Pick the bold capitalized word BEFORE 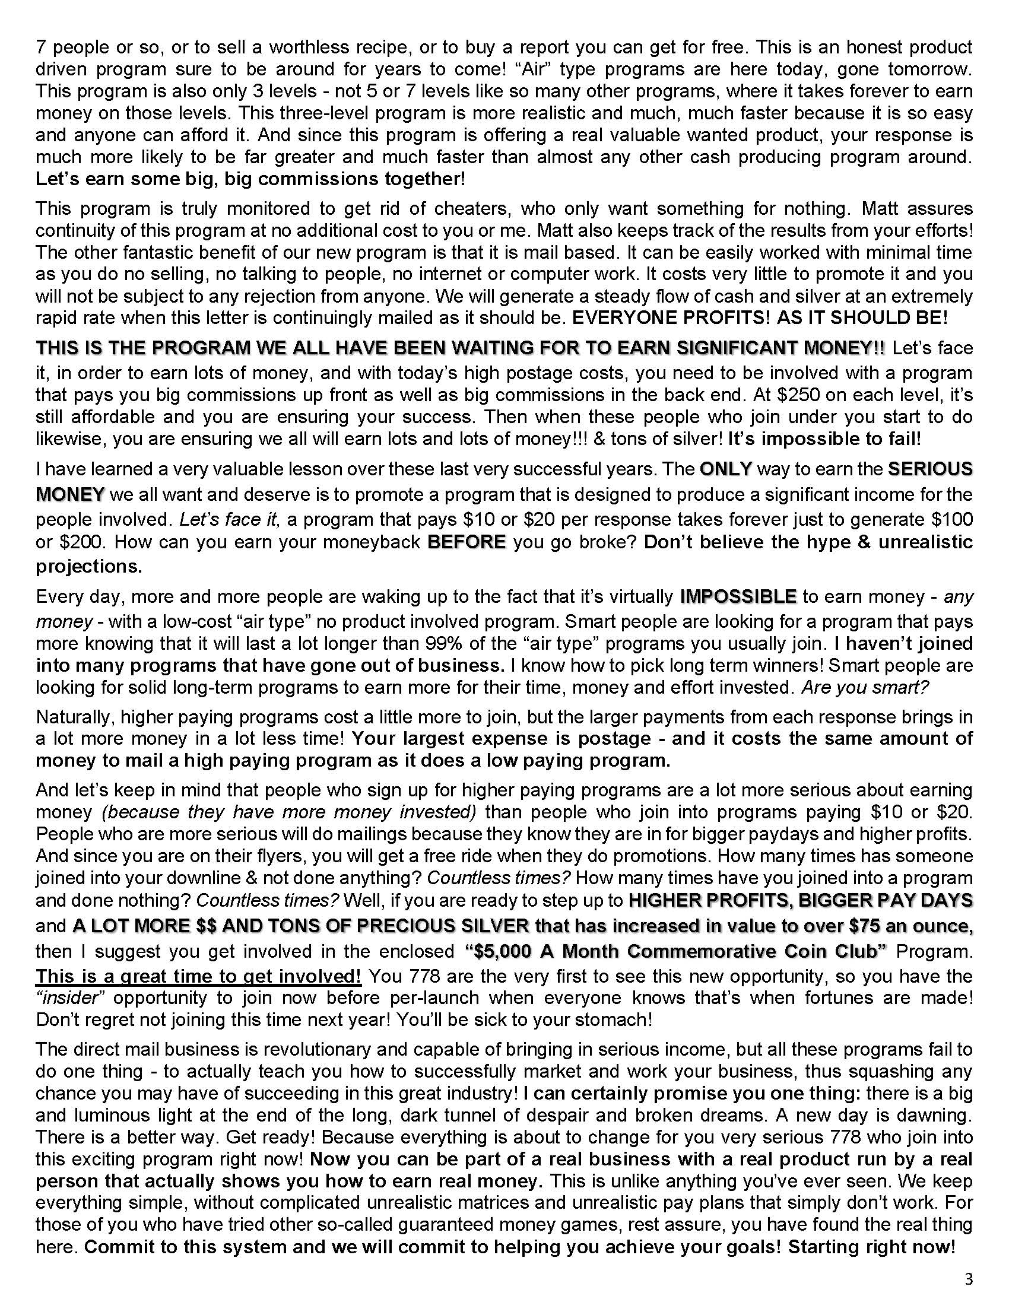[467, 542]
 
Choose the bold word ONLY [726, 469]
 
